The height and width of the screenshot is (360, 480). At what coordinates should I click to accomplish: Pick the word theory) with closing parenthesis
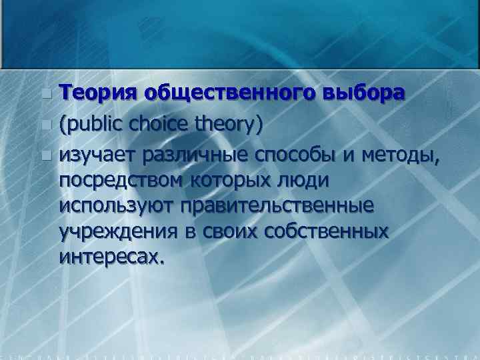tap(230, 124)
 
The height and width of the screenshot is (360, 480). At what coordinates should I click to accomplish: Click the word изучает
tap(95, 156)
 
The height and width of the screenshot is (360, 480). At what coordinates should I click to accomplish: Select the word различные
tap(189, 156)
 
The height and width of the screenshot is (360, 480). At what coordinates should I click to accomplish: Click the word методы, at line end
tap(400, 156)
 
